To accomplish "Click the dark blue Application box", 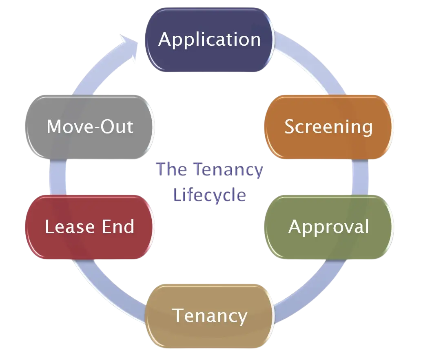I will [x=210, y=40].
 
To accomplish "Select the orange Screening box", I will [x=328, y=127].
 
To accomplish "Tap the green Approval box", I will [x=328, y=227].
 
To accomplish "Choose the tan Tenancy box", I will [x=210, y=316].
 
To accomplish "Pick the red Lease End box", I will [x=90, y=227].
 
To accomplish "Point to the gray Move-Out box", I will [x=90, y=127].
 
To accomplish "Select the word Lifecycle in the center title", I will [x=210, y=195].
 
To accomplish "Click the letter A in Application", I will [x=165, y=40].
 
